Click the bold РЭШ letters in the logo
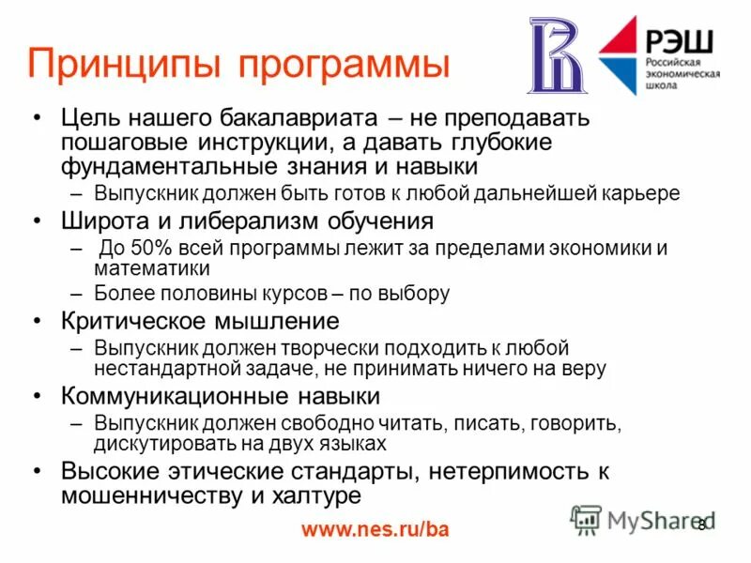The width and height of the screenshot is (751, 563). [x=679, y=41]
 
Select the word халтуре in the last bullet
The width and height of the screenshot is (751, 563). [x=324, y=494]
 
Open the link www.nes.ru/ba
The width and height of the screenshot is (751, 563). [x=375, y=529]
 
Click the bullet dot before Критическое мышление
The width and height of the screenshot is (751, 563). [x=37, y=321]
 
